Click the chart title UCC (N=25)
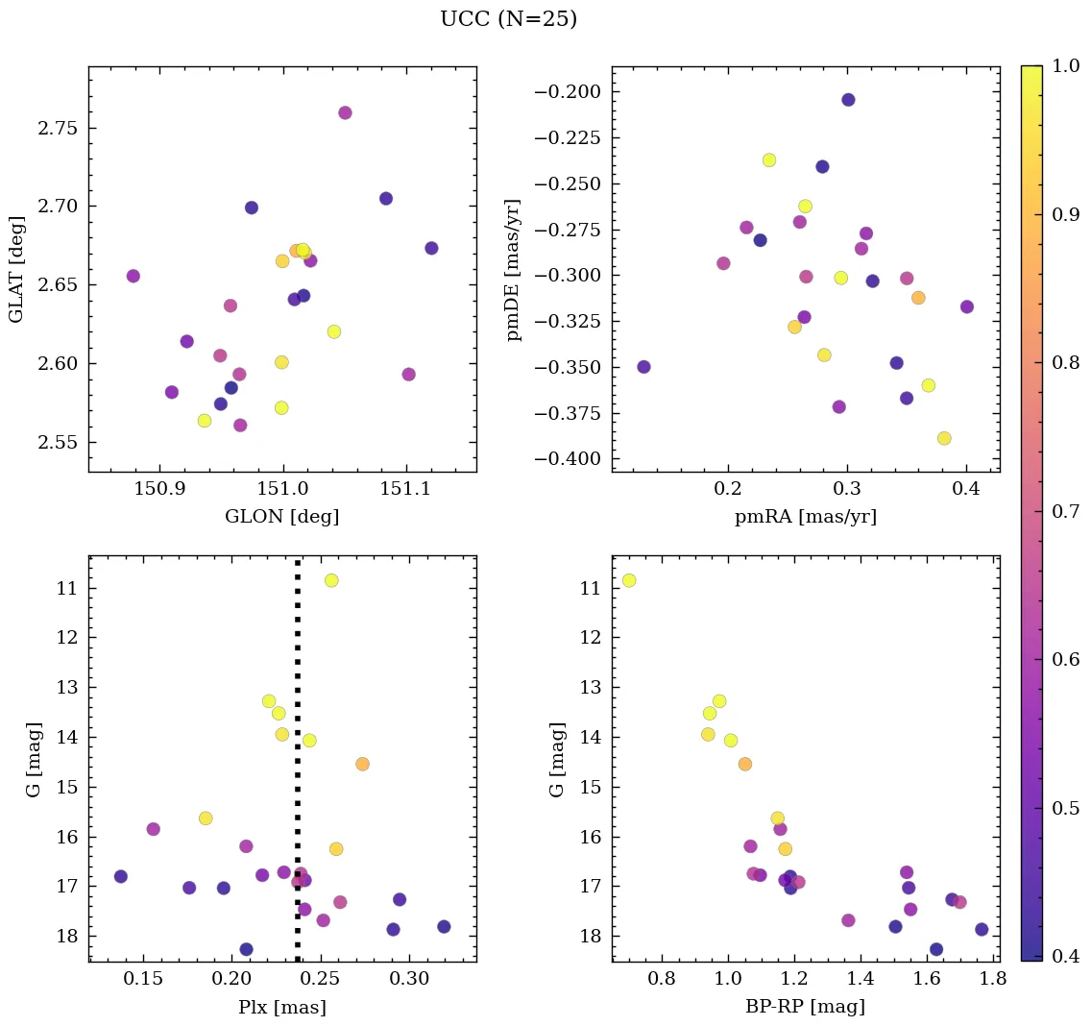pos(508,19)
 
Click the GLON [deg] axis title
pos(281,517)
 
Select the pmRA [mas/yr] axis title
pos(805,517)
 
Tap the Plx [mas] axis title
pos(281,1007)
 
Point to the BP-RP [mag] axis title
pos(805,1007)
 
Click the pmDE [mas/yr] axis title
pos(514,270)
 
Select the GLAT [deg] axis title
pos(16,270)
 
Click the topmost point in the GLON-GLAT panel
pos(345,112)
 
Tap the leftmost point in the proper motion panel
pos(643,367)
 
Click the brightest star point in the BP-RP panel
pos(629,580)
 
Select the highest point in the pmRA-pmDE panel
pos(848,100)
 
